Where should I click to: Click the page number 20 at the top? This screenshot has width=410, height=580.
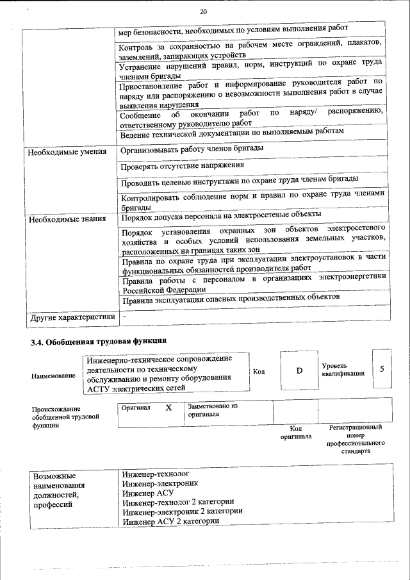tap(203, 12)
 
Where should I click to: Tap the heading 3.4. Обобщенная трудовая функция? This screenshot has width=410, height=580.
tap(99, 341)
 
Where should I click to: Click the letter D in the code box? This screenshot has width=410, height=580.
tap(299, 371)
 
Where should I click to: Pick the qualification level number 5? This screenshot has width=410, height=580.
tap(382, 369)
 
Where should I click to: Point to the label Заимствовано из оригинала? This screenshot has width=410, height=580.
tap(213, 410)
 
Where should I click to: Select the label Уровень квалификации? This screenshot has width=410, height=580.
tap(343, 369)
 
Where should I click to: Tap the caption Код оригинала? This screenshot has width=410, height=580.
tap(295, 433)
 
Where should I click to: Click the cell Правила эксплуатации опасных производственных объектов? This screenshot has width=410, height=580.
tap(230, 297)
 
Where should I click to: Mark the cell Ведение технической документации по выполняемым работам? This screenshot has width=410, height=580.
tap(233, 131)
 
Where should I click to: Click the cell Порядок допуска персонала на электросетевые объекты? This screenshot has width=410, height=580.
tap(221, 215)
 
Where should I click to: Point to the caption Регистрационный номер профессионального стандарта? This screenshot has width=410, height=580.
tap(355, 438)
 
